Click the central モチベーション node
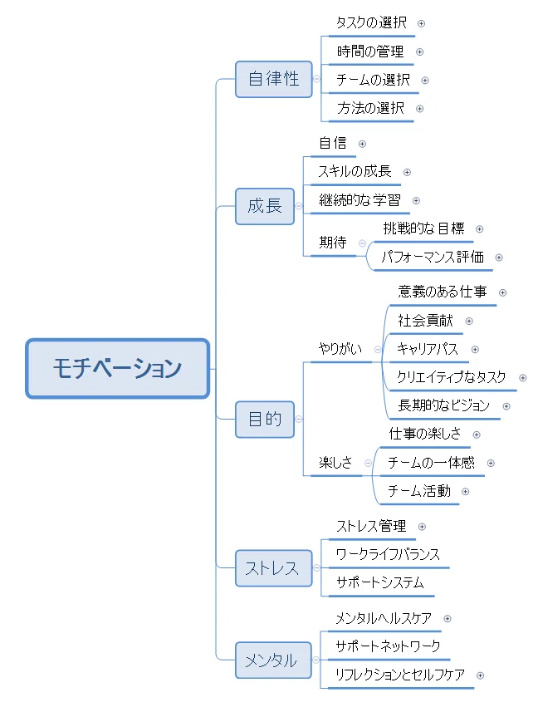click(x=118, y=368)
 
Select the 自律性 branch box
click(x=273, y=80)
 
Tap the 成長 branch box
click(x=265, y=206)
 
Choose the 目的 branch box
click(x=265, y=419)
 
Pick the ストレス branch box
click(x=273, y=568)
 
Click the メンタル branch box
click(x=273, y=660)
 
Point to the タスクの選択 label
click(x=372, y=22)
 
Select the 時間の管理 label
click(x=370, y=52)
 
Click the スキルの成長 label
click(x=355, y=171)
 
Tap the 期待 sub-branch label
click(x=333, y=243)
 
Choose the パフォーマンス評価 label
click(x=433, y=257)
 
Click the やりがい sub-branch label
click(x=340, y=349)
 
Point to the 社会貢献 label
click(x=425, y=321)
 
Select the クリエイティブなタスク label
click(x=452, y=377)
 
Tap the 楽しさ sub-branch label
click(x=335, y=463)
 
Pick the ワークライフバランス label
click(x=388, y=554)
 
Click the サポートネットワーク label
click(x=388, y=646)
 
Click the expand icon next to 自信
click(x=362, y=144)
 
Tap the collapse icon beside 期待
click(x=362, y=243)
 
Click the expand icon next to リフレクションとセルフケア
click(x=481, y=675)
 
